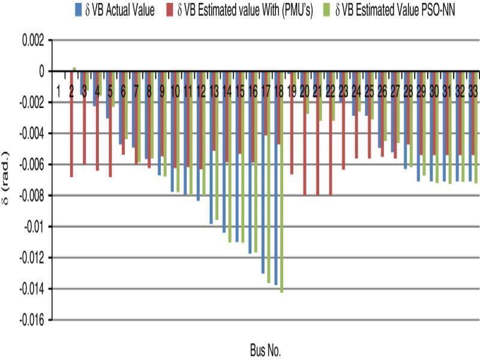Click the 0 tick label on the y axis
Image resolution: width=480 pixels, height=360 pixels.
[40, 71]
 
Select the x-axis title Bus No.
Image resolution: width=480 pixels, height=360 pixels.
[265, 348]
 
